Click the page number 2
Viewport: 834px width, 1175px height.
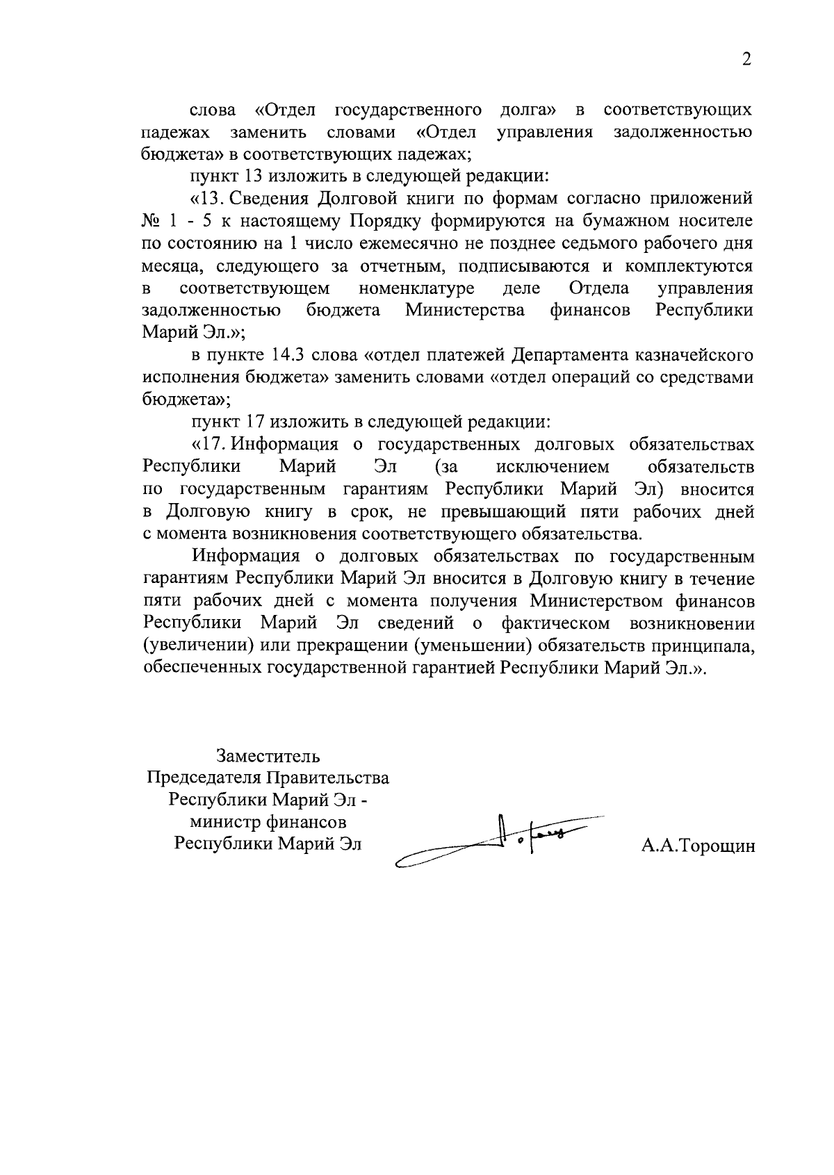tap(746, 60)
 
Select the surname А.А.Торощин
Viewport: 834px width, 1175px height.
tap(698, 846)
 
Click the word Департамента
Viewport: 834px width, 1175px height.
tap(571, 355)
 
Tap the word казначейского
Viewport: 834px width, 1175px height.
tap(695, 355)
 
